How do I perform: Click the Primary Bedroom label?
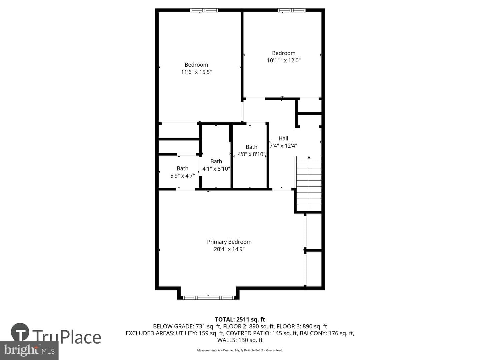coord(229,242)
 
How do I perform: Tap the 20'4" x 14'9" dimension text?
coord(229,249)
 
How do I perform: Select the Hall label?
coord(283,138)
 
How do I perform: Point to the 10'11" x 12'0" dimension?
coord(284,60)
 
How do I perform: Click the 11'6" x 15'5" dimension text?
coord(196,72)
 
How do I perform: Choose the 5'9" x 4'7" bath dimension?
coord(183,176)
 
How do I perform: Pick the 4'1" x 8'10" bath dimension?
coord(216,169)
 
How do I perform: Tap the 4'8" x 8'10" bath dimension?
coord(251,154)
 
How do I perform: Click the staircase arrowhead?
coord(309,157)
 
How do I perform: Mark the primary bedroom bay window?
coord(208,297)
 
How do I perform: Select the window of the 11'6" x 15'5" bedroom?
coord(204,10)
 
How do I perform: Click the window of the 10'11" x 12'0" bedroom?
coord(291,10)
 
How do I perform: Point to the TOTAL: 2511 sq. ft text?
coord(240,320)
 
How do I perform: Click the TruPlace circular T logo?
coord(20,332)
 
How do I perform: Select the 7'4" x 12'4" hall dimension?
coord(283,146)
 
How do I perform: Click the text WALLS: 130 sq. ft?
coord(240,340)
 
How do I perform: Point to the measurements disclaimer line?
coord(240,350)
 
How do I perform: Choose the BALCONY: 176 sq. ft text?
coord(327,333)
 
